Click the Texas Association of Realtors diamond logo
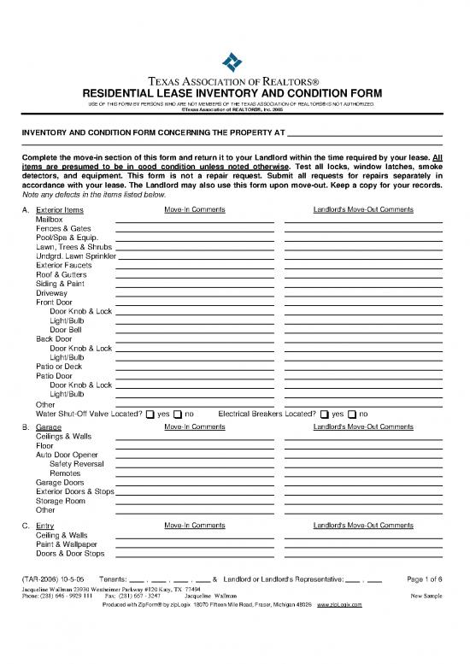pyautogui.click(x=234, y=62)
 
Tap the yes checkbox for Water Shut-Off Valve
pyautogui.click(x=150, y=415)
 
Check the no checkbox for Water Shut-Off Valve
pyautogui.click(x=179, y=415)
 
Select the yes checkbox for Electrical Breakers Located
pyautogui.click(x=324, y=415)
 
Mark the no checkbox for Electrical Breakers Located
pyautogui.click(x=352, y=415)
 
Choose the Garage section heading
pyautogui.click(x=49, y=426)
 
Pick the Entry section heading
pyautogui.click(x=45, y=525)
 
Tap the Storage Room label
pyautogui.click(x=61, y=501)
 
